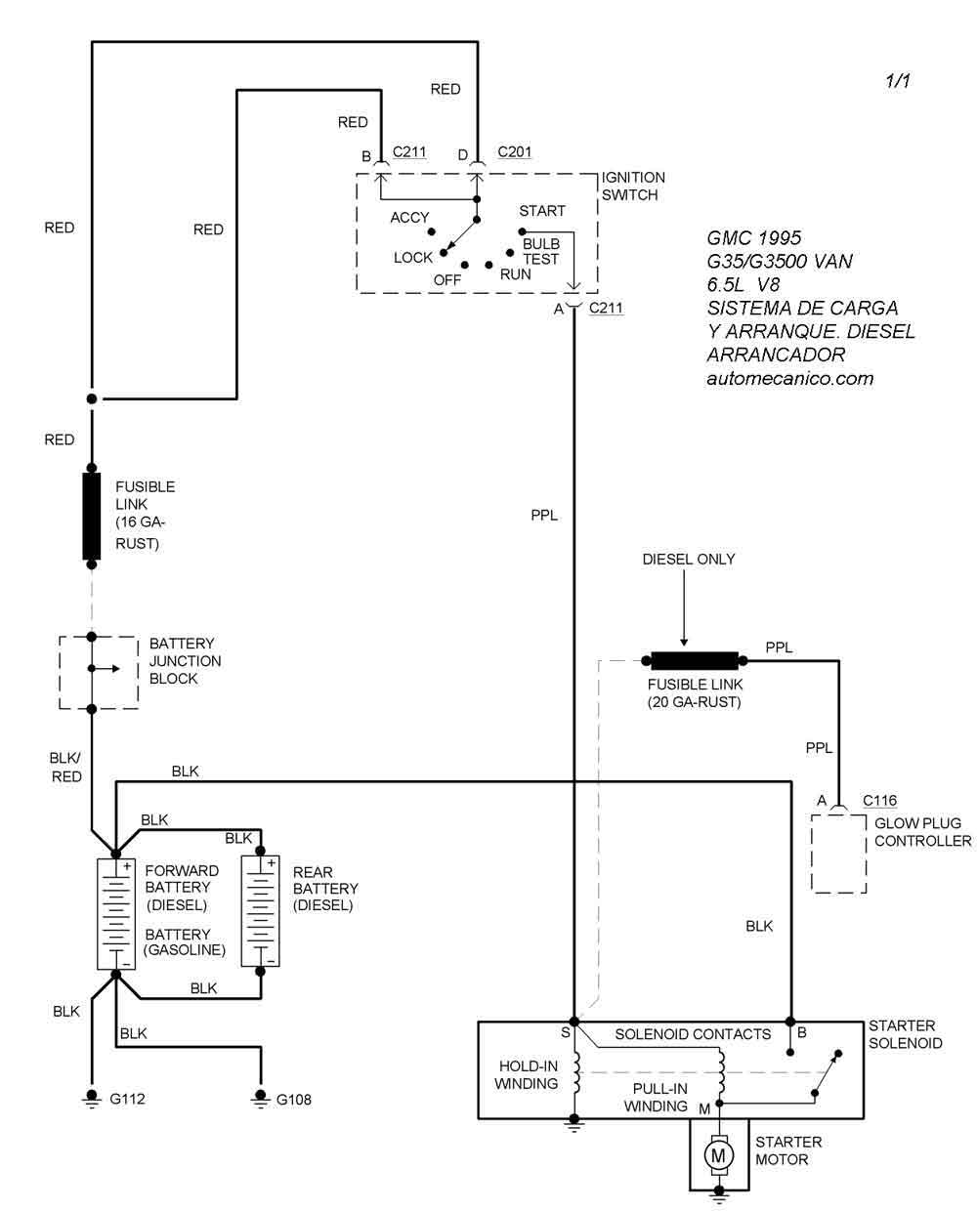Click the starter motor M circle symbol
(720, 1155)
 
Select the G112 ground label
(128, 1099)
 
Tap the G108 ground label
(294, 1099)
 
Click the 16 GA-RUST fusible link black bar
(92, 517)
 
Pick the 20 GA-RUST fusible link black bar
(694, 660)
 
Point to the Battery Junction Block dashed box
(99, 673)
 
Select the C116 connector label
(879, 801)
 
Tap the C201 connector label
(515, 152)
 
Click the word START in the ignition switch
(542, 211)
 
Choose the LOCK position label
(413, 258)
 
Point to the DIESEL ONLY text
(689, 560)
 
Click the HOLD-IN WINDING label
(527, 1075)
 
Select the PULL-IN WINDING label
(657, 1098)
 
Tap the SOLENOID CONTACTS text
(693, 1034)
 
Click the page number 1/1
(898, 81)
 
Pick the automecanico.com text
(790, 378)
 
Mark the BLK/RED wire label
(65, 767)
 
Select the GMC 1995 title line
(754, 238)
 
